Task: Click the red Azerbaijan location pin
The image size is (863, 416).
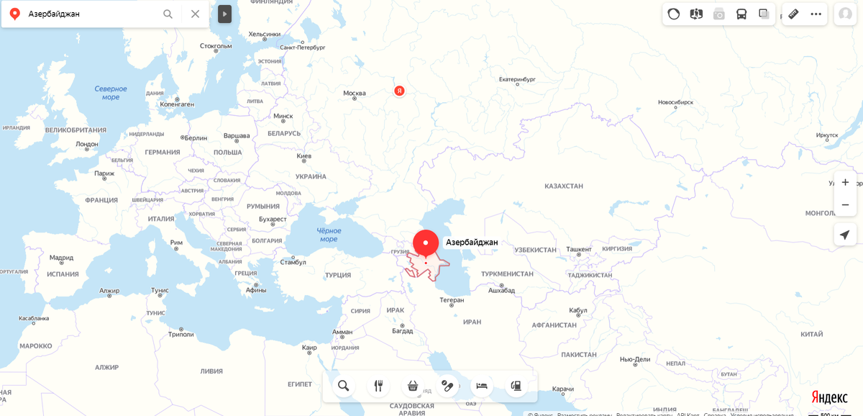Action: tap(425, 243)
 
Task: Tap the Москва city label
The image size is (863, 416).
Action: tap(355, 93)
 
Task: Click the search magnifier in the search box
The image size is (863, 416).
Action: tap(168, 14)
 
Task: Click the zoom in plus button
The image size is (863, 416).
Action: tap(845, 182)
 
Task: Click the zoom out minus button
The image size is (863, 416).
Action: tap(845, 205)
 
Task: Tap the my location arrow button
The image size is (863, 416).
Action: tap(845, 235)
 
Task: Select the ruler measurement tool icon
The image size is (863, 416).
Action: tap(793, 14)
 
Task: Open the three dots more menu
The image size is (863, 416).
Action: tap(816, 14)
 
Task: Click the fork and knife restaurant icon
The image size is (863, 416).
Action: tap(378, 386)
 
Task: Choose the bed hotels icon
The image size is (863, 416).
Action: tap(482, 386)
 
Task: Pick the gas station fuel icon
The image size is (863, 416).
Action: tap(516, 386)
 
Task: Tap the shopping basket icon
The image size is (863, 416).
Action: tap(413, 386)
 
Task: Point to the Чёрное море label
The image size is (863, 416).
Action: tap(329, 235)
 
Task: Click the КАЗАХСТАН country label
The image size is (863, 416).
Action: tap(563, 186)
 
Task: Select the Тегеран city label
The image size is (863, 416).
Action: tap(452, 299)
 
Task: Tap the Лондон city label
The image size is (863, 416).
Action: tap(86, 144)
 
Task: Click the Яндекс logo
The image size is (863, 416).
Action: tap(829, 397)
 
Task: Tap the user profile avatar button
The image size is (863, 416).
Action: tap(845, 14)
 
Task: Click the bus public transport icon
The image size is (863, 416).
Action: tap(741, 14)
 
